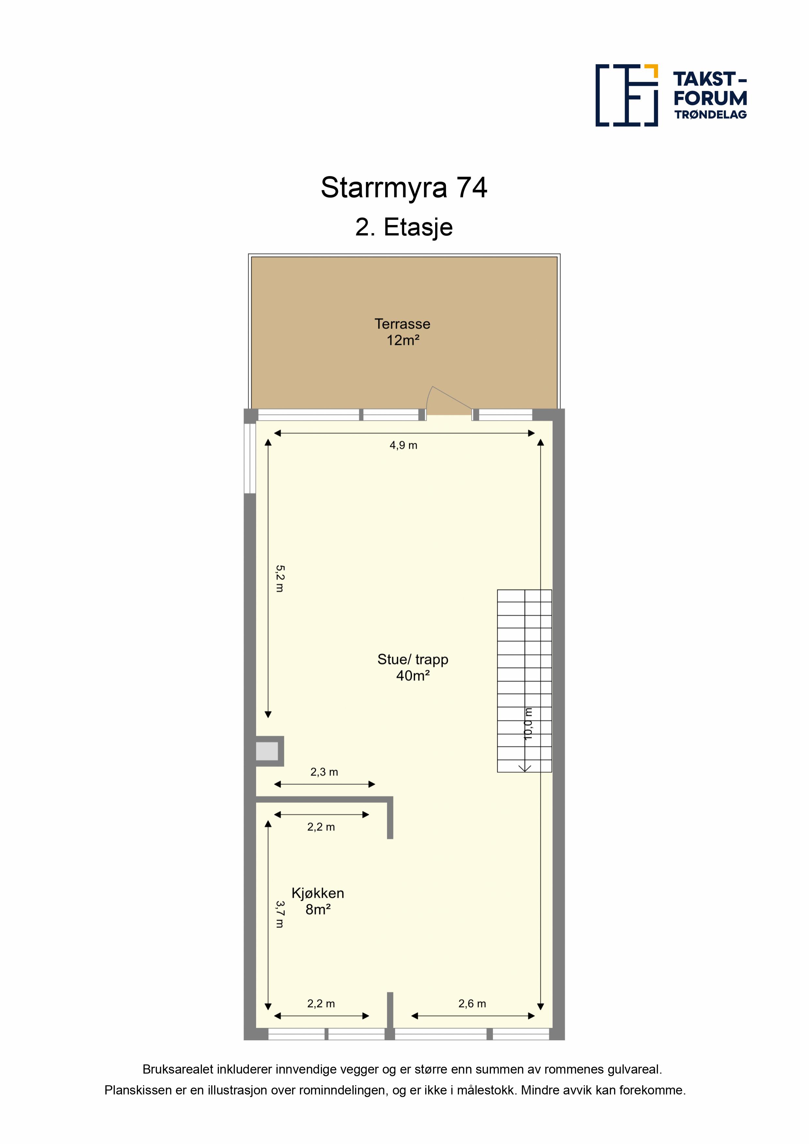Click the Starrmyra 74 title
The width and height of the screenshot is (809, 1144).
(x=404, y=188)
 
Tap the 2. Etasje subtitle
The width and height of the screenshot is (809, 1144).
(x=404, y=228)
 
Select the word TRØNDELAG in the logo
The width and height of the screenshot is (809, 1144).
(x=710, y=115)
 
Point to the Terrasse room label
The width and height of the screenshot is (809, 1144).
(x=402, y=324)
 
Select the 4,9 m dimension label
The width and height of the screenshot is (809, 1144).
(x=403, y=445)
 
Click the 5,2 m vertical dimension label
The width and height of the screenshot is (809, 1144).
(x=280, y=578)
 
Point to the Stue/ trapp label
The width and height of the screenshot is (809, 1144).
(x=413, y=659)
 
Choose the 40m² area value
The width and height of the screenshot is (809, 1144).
(x=413, y=676)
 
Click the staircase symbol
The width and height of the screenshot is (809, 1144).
(x=524, y=681)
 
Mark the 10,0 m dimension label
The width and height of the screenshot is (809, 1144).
(x=528, y=723)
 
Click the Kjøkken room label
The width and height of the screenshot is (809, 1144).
(x=317, y=893)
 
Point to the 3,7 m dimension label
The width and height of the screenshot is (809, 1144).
(x=280, y=914)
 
